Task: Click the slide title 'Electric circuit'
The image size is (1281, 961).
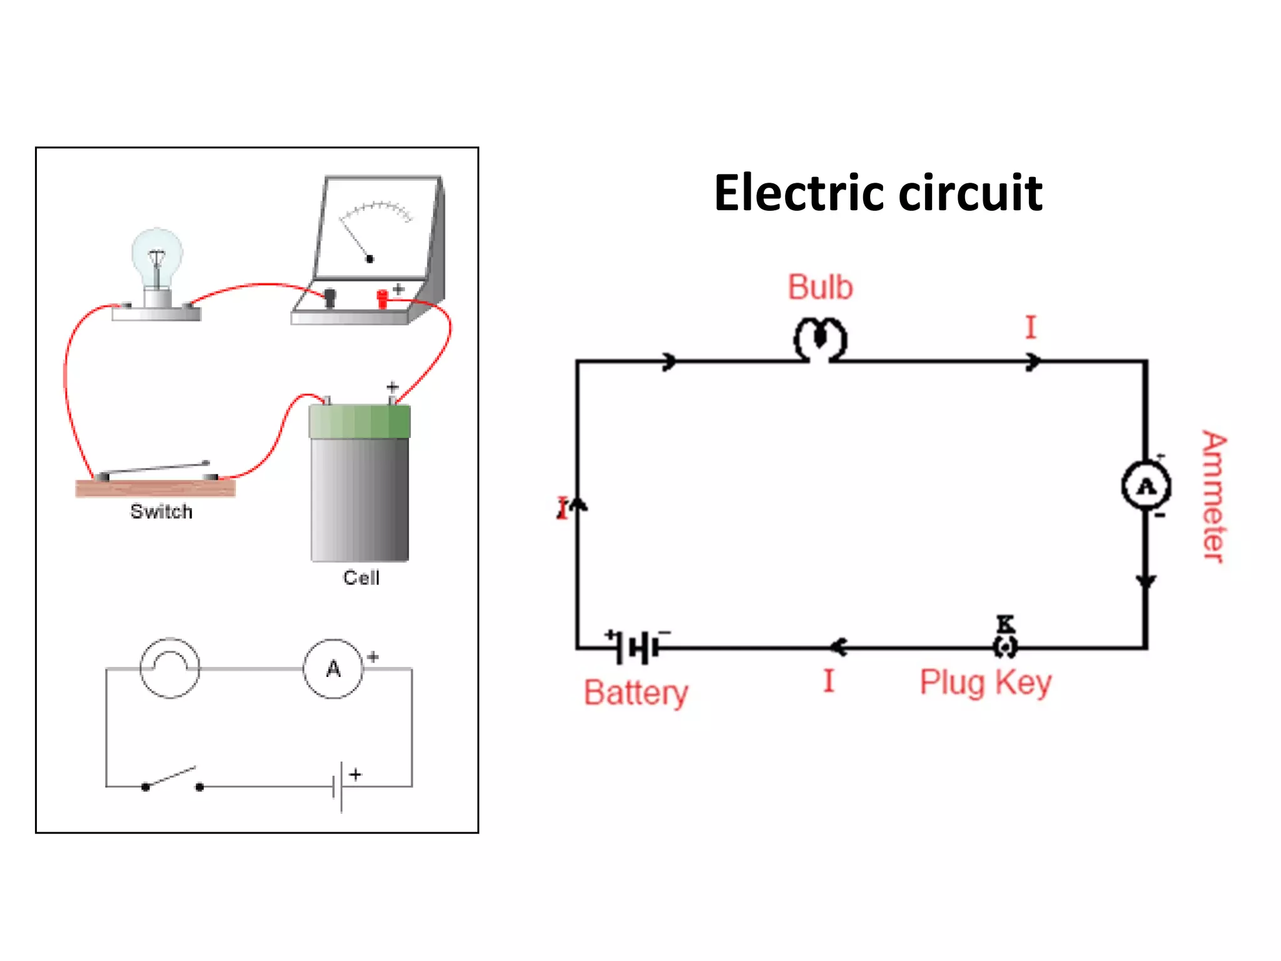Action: click(x=878, y=193)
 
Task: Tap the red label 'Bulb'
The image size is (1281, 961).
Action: click(x=820, y=288)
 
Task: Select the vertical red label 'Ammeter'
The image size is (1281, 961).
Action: click(x=1213, y=497)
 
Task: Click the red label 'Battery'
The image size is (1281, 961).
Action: click(x=635, y=693)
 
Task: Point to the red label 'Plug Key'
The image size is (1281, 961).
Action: click(x=985, y=683)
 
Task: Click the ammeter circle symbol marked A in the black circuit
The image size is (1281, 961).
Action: click(x=1146, y=486)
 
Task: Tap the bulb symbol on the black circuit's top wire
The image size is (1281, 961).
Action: click(x=820, y=340)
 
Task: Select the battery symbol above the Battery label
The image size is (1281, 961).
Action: click(x=638, y=647)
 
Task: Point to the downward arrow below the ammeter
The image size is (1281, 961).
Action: click(x=1146, y=581)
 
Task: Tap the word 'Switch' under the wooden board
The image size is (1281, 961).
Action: click(x=161, y=512)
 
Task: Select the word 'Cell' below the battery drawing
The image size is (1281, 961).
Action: click(x=361, y=577)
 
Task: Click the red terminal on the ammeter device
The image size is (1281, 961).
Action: click(x=382, y=298)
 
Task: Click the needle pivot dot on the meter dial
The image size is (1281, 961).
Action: click(x=370, y=258)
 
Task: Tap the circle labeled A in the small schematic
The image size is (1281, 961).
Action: click(x=333, y=669)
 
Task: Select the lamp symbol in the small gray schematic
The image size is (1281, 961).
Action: click(x=170, y=668)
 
